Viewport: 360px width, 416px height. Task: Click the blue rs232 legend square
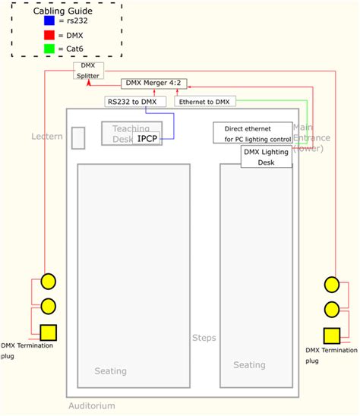click(49, 20)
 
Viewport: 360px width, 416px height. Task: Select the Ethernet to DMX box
click(205, 101)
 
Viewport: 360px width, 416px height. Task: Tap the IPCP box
click(147, 138)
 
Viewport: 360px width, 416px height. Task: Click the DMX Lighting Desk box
click(267, 157)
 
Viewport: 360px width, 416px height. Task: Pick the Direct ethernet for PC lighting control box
click(253, 133)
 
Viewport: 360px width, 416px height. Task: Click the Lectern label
click(47, 136)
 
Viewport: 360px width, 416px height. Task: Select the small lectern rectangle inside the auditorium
click(78, 138)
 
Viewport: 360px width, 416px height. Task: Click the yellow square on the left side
click(48, 332)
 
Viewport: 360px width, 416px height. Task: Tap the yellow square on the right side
click(331, 335)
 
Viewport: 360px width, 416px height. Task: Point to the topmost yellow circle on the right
click(331, 285)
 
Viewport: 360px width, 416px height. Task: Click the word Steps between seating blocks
click(203, 338)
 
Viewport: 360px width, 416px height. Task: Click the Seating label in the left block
click(111, 371)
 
